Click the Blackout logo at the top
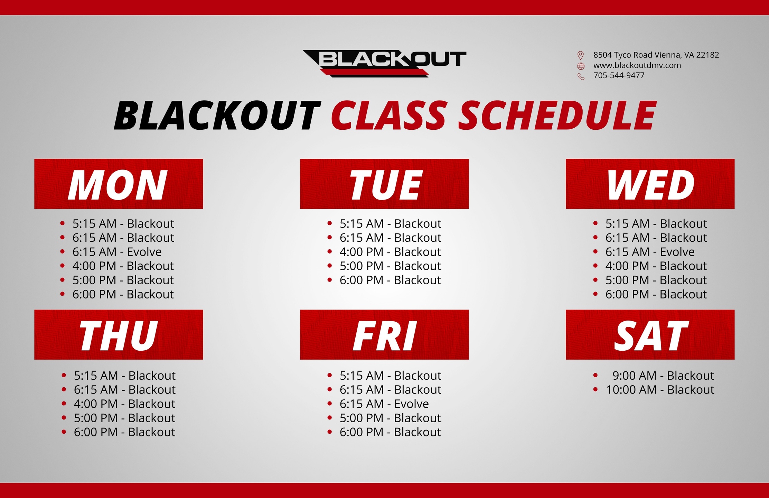(x=384, y=63)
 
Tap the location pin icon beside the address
(x=581, y=55)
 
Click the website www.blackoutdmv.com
(x=637, y=65)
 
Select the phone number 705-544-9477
(x=619, y=75)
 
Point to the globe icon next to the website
(x=581, y=66)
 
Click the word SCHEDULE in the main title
(x=557, y=115)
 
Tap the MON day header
(x=119, y=184)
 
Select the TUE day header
(x=384, y=184)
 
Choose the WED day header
(x=650, y=184)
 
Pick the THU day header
(x=119, y=335)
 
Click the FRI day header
(x=384, y=335)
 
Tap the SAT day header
(x=650, y=335)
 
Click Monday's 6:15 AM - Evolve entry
(x=117, y=252)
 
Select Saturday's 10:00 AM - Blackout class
(x=660, y=390)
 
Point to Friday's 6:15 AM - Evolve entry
(x=384, y=404)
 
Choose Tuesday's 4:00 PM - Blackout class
(x=390, y=252)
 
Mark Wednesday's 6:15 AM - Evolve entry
(x=650, y=252)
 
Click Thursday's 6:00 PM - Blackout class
(x=124, y=432)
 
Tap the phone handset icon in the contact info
(x=581, y=76)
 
